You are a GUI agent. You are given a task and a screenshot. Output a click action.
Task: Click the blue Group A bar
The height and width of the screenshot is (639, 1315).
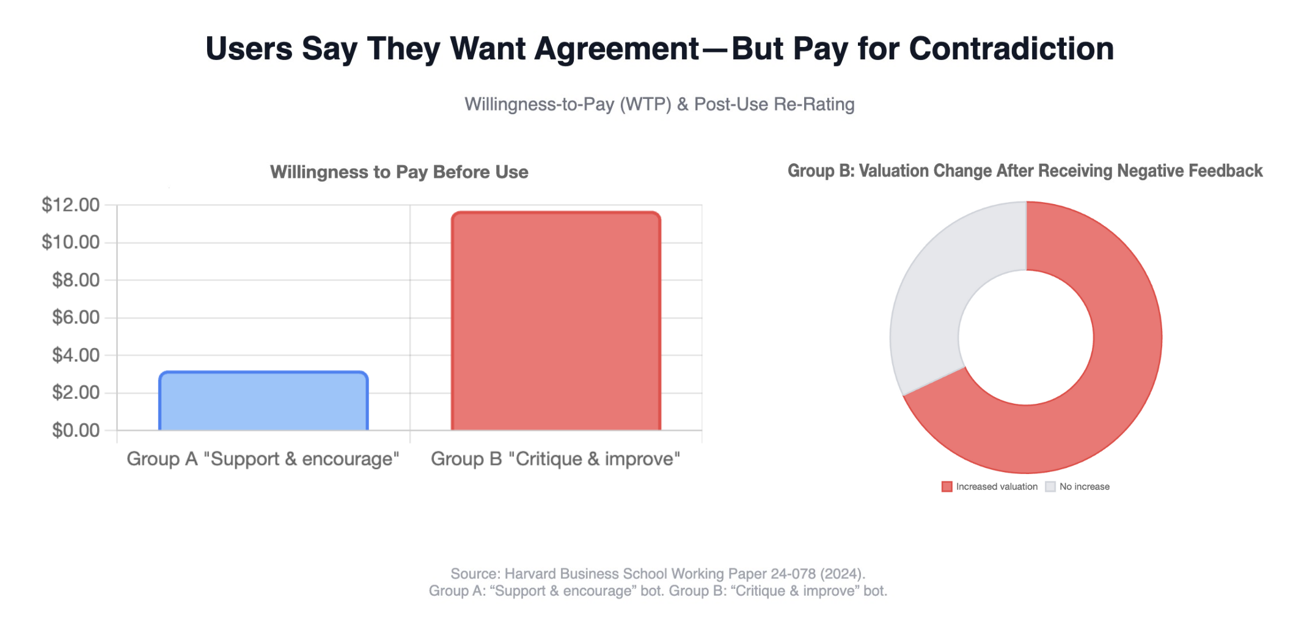(x=263, y=401)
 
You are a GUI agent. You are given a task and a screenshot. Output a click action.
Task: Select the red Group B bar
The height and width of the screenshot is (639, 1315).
(x=556, y=321)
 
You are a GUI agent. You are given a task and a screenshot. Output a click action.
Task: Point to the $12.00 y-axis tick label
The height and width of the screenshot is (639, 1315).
(x=71, y=205)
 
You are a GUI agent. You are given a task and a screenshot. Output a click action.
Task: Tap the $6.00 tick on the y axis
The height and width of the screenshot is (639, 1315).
(x=76, y=317)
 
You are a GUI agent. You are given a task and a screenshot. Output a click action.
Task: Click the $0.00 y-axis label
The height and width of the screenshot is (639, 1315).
(x=76, y=430)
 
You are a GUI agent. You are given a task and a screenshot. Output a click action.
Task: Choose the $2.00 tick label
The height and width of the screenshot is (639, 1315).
(x=76, y=392)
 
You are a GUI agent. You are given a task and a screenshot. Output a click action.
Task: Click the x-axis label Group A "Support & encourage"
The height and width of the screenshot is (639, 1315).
(x=263, y=459)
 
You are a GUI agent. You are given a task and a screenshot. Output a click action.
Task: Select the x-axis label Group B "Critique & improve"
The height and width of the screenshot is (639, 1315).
(x=555, y=459)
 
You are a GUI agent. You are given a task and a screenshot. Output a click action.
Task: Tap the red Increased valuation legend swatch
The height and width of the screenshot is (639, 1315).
(x=947, y=487)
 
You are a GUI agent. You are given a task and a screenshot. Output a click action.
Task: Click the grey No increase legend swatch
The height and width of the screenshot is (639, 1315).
(x=1050, y=487)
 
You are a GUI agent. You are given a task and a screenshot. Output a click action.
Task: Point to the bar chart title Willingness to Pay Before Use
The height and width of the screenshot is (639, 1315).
(x=399, y=172)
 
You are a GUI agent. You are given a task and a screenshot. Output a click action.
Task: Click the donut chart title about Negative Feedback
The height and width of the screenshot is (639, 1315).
(x=1025, y=171)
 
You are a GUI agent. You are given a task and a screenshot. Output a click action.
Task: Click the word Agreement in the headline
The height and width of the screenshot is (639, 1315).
(x=617, y=49)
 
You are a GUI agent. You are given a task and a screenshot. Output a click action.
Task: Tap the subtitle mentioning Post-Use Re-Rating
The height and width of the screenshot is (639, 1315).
(x=659, y=104)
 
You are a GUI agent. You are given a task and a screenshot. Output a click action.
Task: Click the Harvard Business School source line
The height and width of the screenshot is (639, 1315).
(x=658, y=574)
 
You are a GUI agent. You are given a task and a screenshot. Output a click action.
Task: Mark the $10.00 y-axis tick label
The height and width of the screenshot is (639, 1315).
(x=71, y=243)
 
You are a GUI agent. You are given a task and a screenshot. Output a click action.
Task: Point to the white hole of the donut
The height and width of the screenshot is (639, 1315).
(x=1026, y=337)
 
